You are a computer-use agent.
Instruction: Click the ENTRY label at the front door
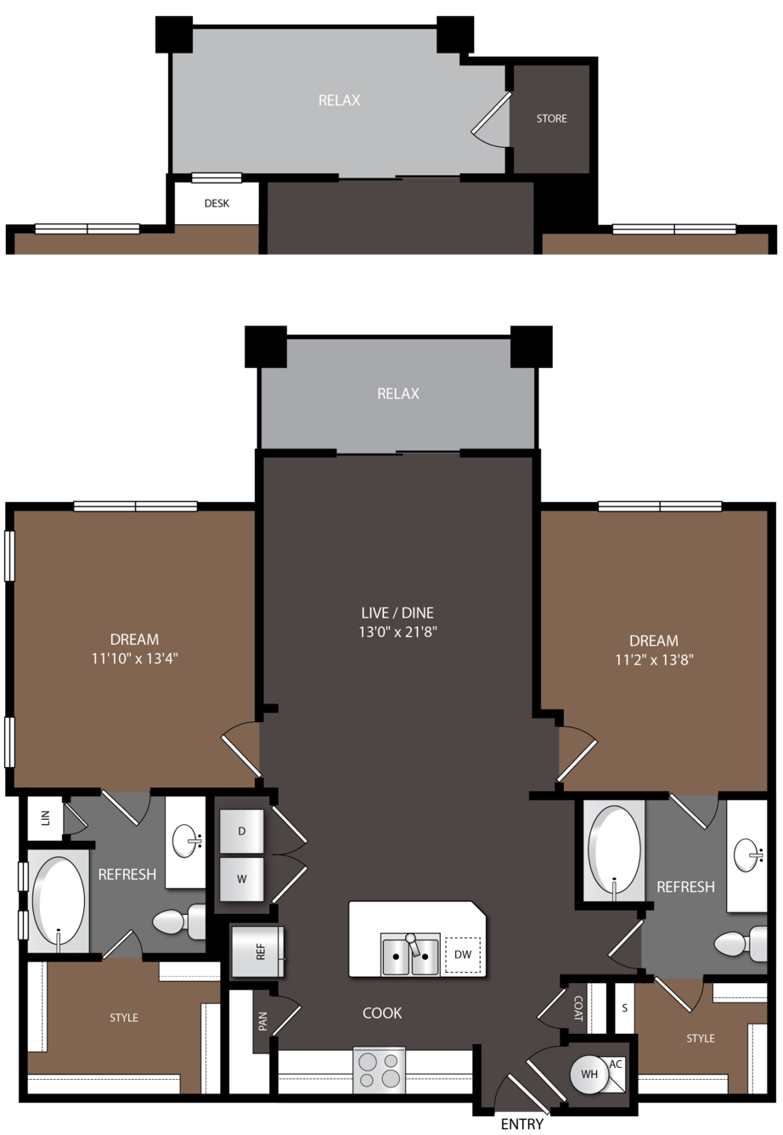click(521, 1123)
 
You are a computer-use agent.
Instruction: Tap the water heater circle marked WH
click(589, 1074)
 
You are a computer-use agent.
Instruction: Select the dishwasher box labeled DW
click(462, 954)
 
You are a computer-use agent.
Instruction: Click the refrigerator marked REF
click(257, 951)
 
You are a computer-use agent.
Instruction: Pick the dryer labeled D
click(241, 831)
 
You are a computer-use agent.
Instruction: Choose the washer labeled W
click(241, 879)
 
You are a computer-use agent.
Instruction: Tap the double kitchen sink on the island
click(409, 954)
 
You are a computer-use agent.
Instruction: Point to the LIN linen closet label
click(45, 818)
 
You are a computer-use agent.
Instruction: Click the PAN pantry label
click(262, 1021)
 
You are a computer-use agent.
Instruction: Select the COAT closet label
click(577, 1008)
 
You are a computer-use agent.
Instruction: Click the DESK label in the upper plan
click(217, 203)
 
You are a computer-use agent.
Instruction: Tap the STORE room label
click(551, 119)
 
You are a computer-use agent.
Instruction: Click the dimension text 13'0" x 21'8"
click(397, 632)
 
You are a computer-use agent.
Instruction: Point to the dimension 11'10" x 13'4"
click(134, 658)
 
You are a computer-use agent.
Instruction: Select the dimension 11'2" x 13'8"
click(653, 660)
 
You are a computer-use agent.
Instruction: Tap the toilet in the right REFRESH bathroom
click(740, 943)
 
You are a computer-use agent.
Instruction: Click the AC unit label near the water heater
click(615, 1064)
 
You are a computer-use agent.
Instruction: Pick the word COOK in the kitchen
click(382, 1013)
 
